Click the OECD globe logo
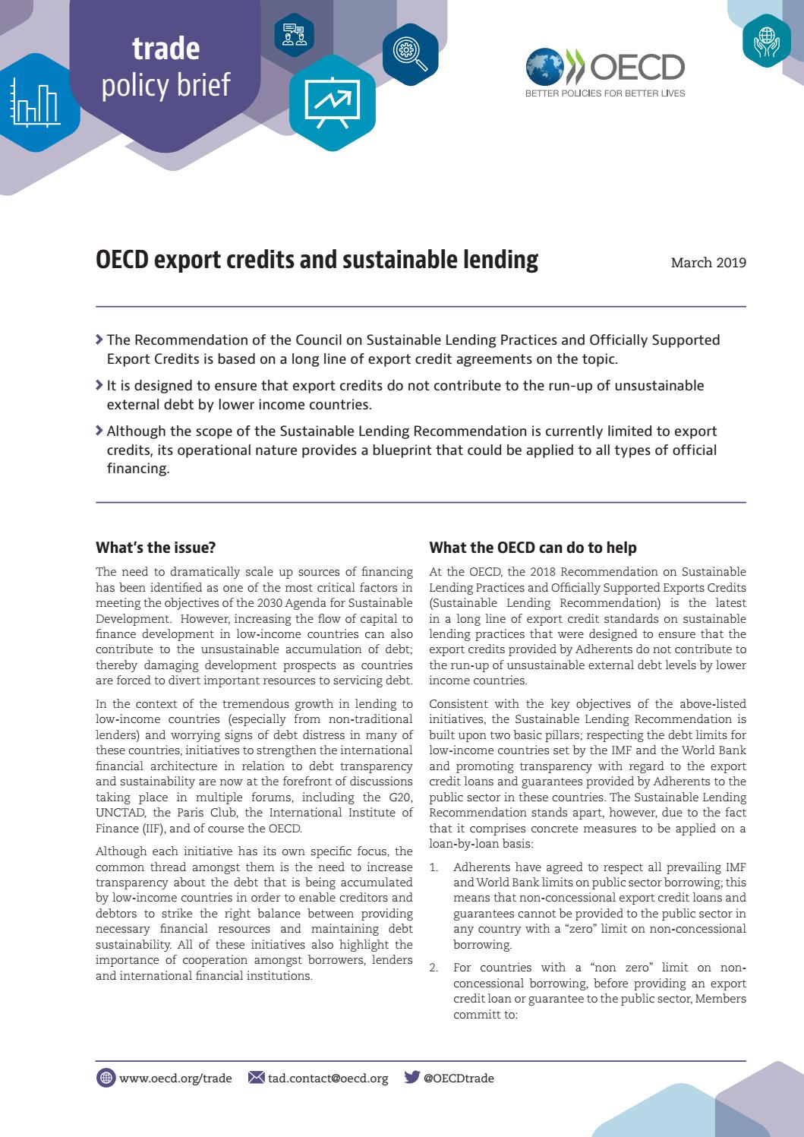pyautogui.click(x=544, y=66)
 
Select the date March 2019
pyautogui.click(x=708, y=263)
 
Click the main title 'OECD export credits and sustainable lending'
pyautogui.click(x=317, y=260)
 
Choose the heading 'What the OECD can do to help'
pyautogui.click(x=533, y=548)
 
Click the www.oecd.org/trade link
pyautogui.click(x=175, y=1078)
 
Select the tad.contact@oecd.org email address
pyautogui.click(x=328, y=1078)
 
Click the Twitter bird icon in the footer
pyautogui.click(x=411, y=1077)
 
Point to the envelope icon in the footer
pyautogui.click(x=257, y=1077)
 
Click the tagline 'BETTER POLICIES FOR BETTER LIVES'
pyautogui.click(x=605, y=93)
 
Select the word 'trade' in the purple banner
pyautogui.click(x=166, y=49)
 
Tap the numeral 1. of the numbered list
pyautogui.click(x=434, y=867)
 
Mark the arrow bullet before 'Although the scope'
pyautogui.click(x=99, y=431)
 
